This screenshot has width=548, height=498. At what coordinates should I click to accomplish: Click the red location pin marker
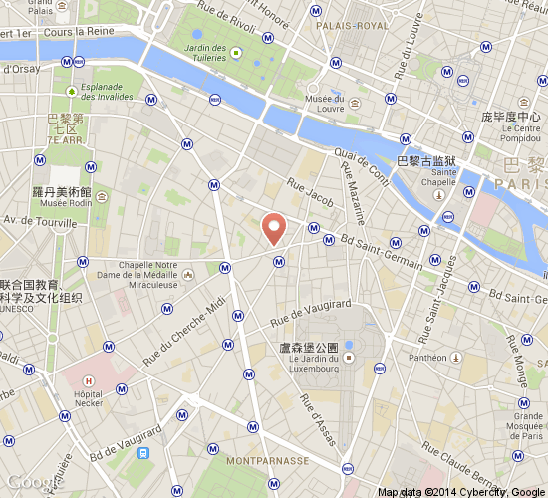[x=274, y=227]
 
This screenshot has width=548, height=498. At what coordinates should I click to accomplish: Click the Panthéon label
[x=428, y=357]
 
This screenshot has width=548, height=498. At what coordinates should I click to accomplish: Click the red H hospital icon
[x=90, y=379]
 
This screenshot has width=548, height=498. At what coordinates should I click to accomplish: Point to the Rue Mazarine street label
[x=353, y=193]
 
